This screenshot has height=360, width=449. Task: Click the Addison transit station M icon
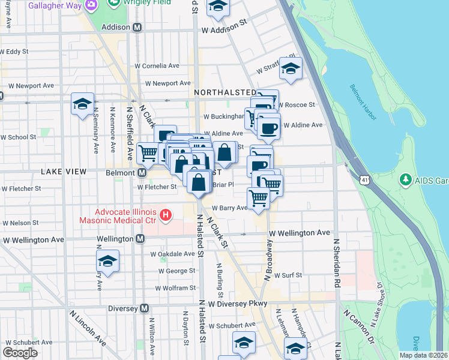(x=137, y=28)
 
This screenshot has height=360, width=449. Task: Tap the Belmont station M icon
(x=142, y=172)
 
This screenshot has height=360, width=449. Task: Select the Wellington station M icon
(x=140, y=239)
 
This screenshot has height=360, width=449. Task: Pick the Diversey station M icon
(x=144, y=308)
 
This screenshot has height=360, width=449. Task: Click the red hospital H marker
(x=166, y=214)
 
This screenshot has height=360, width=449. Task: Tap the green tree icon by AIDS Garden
(x=406, y=179)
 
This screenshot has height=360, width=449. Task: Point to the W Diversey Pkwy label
(x=240, y=304)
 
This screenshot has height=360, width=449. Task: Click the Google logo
(x=20, y=353)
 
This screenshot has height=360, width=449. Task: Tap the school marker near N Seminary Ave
(x=82, y=104)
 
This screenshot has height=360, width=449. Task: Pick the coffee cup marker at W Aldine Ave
(x=268, y=126)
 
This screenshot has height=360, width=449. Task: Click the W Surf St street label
(x=287, y=275)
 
